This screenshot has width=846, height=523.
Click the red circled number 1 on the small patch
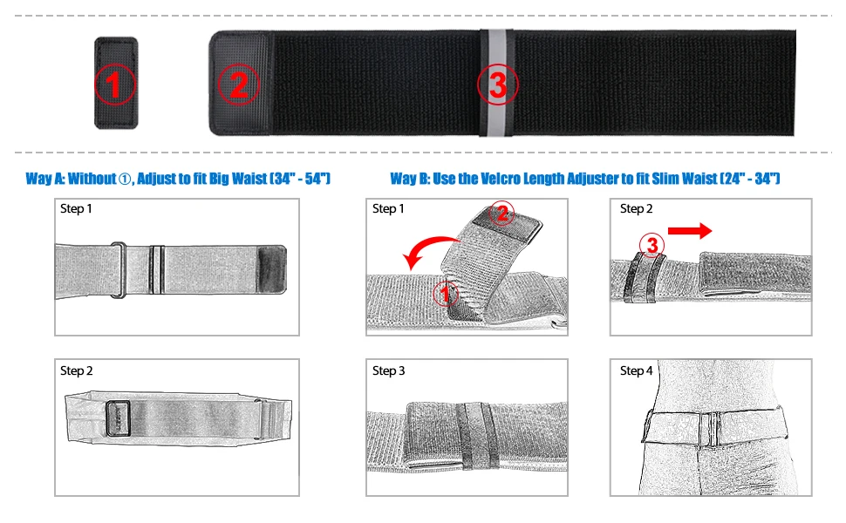114,84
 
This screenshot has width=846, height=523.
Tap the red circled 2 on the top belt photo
238,84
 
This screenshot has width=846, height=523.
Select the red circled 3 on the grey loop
497,84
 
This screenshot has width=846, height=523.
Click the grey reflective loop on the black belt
497,83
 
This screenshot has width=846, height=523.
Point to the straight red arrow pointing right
690,231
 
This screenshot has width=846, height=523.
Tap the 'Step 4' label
636,370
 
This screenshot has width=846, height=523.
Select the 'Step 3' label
388,370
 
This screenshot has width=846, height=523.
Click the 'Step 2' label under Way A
76,370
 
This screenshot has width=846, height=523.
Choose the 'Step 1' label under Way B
388,208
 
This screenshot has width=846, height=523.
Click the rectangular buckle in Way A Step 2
119,418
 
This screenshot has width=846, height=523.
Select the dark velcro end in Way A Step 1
272,269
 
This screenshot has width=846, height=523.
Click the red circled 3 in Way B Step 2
652,245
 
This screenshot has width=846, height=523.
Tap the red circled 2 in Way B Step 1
501,214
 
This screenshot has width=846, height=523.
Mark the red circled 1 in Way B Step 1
445,294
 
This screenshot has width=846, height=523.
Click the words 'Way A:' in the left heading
45,179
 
